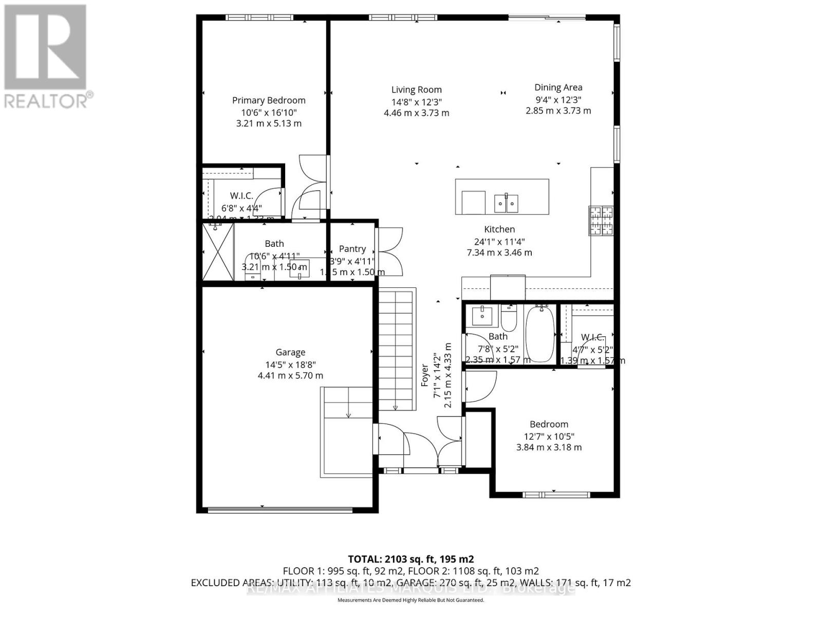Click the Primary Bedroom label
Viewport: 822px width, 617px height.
(x=269, y=101)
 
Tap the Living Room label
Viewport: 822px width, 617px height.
(x=416, y=90)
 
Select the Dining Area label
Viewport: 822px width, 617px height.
(x=558, y=87)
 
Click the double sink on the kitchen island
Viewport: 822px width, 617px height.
(x=506, y=204)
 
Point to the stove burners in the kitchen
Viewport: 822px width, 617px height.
(x=601, y=221)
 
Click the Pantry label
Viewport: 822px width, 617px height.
(x=352, y=249)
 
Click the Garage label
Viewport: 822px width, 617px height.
(x=290, y=352)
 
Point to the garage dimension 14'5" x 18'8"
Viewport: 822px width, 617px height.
(x=290, y=365)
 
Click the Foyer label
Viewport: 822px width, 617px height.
(x=425, y=375)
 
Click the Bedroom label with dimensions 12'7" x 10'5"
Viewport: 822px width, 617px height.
(x=549, y=424)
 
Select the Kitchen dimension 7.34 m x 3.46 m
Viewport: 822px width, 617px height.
(x=499, y=252)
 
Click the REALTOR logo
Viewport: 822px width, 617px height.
(x=46, y=57)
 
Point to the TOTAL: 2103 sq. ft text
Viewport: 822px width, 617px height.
(x=410, y=559)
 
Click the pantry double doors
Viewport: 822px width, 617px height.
(x=390, y=252)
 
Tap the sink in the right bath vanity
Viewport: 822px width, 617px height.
(x=482, y=315)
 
